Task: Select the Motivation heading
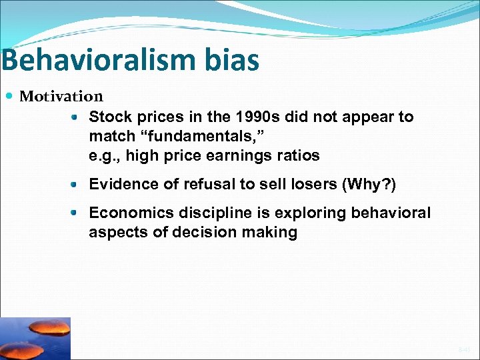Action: click(61, 97)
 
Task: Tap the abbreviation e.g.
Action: click(103, 156)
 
